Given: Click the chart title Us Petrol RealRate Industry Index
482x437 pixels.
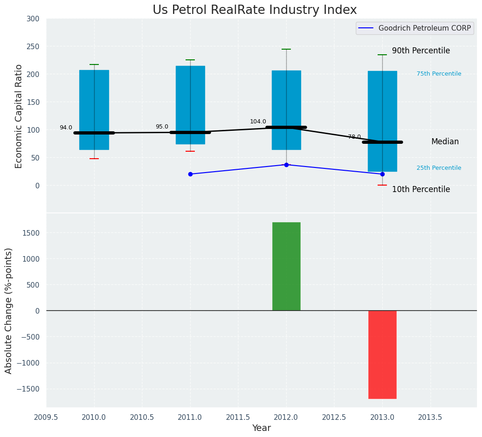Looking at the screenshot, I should [x=255, y=10].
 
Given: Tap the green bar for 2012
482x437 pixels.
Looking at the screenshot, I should [x=286, y=266].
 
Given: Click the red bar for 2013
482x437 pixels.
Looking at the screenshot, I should [x=382, y=354].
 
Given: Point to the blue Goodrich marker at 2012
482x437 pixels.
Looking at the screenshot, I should [x=286, y=165].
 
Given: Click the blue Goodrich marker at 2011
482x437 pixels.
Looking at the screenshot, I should [x=190, y=174].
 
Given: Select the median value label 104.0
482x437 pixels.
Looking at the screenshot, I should [x=258, y=122].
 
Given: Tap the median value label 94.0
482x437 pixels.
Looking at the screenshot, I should [x=66, y=128].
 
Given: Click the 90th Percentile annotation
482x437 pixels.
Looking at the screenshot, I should [x=421, y=51].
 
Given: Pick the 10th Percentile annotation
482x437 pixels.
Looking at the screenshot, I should [x=421, y=190].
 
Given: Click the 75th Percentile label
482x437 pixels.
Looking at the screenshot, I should [x=439, y=74].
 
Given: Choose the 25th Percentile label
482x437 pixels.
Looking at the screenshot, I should [x=439, y=168].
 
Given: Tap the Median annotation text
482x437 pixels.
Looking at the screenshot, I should [x=445, y=142].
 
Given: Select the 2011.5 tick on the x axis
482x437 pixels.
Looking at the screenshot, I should [x=238, y=417].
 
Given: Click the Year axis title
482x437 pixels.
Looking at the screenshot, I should [x=262, y=428].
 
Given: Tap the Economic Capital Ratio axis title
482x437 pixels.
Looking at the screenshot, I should [x=19, y=116].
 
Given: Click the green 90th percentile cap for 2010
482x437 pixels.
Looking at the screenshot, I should [x=94, y=64].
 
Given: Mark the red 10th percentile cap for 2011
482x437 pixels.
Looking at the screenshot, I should [x=190, y=151].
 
